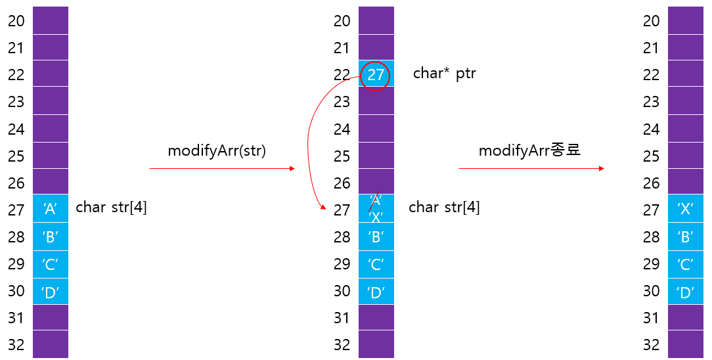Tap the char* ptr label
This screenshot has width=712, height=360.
(x=444, y=74)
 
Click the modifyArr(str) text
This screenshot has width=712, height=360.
(x=217, y=150)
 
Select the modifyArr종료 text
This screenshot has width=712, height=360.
(x=529, y=150)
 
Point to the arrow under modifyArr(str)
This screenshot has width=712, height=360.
(x=222, y=169)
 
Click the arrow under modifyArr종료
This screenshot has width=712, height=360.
(x=531, y=169)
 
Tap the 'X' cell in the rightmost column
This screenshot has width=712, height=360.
(x=686, y=210)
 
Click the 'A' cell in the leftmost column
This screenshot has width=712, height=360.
(x=51, y=210)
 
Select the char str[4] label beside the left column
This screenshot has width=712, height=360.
(x=111, y=208)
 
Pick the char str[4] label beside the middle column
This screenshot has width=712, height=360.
(x=444, y=208)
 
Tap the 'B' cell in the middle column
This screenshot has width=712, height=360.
(x=376, y=237)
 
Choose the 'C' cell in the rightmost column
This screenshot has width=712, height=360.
(x=686, y=264)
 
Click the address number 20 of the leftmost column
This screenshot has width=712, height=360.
(x=16, y=21)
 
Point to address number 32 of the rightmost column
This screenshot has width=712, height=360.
(x=652, y=344)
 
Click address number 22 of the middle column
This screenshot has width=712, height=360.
(x=342, y=75)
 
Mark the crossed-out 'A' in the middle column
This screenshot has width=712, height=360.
(x=376, y=200)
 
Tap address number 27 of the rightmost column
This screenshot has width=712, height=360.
(x=652, y=210)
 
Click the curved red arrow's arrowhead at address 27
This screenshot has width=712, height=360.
(x=323, y=208)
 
